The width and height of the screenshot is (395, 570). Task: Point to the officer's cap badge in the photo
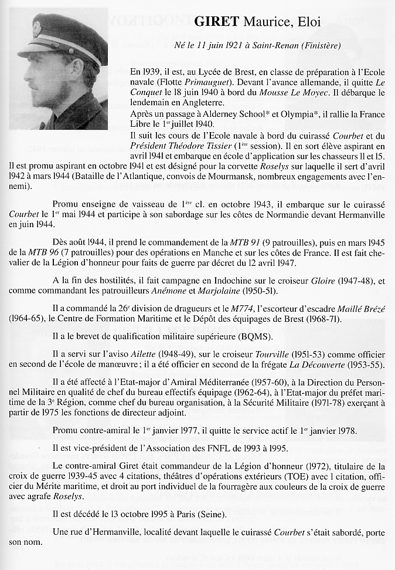(37, 28)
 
